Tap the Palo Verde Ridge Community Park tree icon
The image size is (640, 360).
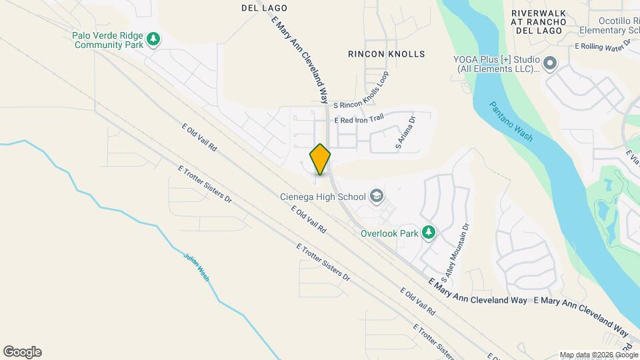click(154, 39)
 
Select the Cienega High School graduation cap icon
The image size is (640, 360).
click(377, 196)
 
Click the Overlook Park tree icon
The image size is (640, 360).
click(430, 233)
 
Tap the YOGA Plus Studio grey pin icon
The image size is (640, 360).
click(550, 63)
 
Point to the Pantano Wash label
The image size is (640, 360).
click(511, 121)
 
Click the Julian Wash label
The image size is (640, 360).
click(197, 265)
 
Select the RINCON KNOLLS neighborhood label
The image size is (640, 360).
click(387, 54)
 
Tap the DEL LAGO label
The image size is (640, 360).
click(264, 8)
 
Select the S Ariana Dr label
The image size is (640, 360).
click(405, 133)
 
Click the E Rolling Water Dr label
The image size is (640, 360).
click(603, 47)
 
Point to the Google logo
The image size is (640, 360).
click(22, 352)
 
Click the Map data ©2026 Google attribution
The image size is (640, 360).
click(598, 355)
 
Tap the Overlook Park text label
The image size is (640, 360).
click(389, 233)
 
